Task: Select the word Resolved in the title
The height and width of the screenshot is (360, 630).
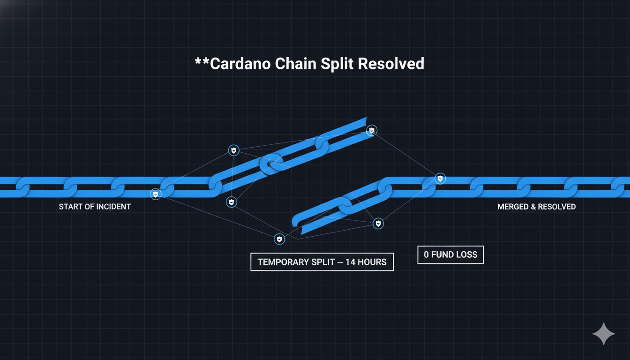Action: tap(391, 63)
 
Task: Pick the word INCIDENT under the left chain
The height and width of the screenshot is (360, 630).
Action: tap(114, 207)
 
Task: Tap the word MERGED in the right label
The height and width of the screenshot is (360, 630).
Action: tap(513, 207)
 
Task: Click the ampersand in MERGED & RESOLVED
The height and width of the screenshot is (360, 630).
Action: tap(533, 207)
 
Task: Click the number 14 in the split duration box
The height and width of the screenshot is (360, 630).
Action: tap(351, 262)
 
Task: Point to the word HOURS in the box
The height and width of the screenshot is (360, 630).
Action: tap(372, 262)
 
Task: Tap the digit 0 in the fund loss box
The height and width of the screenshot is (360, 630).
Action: tap(426, 255)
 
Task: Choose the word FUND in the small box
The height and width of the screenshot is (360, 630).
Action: tap(441, 255)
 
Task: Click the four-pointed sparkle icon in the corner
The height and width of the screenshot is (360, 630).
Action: tap(603, 334)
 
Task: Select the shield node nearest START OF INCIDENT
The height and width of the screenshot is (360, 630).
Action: tap(156, 194)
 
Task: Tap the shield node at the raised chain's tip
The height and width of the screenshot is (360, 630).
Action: tap(372, 130)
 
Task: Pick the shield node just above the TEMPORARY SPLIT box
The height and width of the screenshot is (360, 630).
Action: tap(279, 240)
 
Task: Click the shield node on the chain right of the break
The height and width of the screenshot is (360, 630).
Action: tap(440, 178)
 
